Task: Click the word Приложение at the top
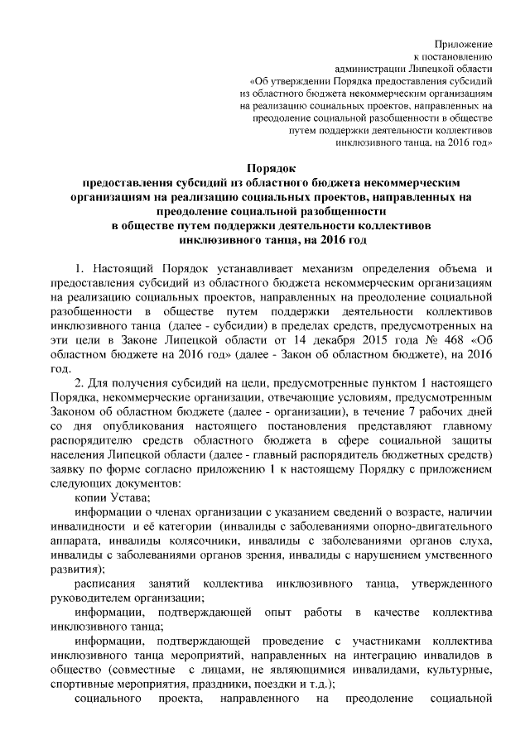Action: pyautogui.click(x=465, y=42)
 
